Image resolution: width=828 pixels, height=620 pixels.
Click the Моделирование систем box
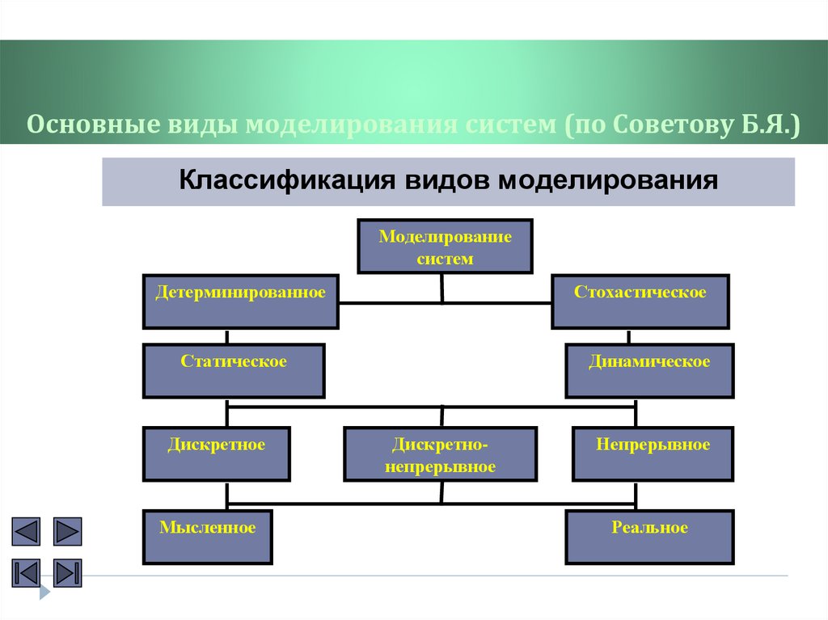(445, 247)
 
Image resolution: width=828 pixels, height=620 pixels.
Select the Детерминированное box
(240, 302)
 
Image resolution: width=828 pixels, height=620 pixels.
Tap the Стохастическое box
(640, 302)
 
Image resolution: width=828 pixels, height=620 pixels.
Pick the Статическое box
(234, 370)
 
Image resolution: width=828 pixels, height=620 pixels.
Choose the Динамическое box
(649, 370)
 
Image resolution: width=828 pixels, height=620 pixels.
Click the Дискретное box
(217, 454)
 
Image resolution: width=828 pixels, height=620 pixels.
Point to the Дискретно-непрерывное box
(441, 454)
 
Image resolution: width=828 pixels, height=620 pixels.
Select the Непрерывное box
(653, 454)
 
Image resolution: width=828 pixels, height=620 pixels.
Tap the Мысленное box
(208, 537)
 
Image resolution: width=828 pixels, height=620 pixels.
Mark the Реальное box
(649, 537)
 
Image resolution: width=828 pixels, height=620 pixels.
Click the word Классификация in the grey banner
(281, 179)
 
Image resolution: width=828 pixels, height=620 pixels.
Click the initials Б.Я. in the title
(767, 126)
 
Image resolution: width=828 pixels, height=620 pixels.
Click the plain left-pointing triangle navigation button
(26, 532)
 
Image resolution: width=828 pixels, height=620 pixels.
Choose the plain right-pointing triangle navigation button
(68, 532)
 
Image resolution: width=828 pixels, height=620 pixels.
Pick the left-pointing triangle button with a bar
(26, 572)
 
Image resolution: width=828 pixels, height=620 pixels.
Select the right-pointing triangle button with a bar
(68, 572)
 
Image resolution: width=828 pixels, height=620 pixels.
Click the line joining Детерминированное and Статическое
(228, 336)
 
